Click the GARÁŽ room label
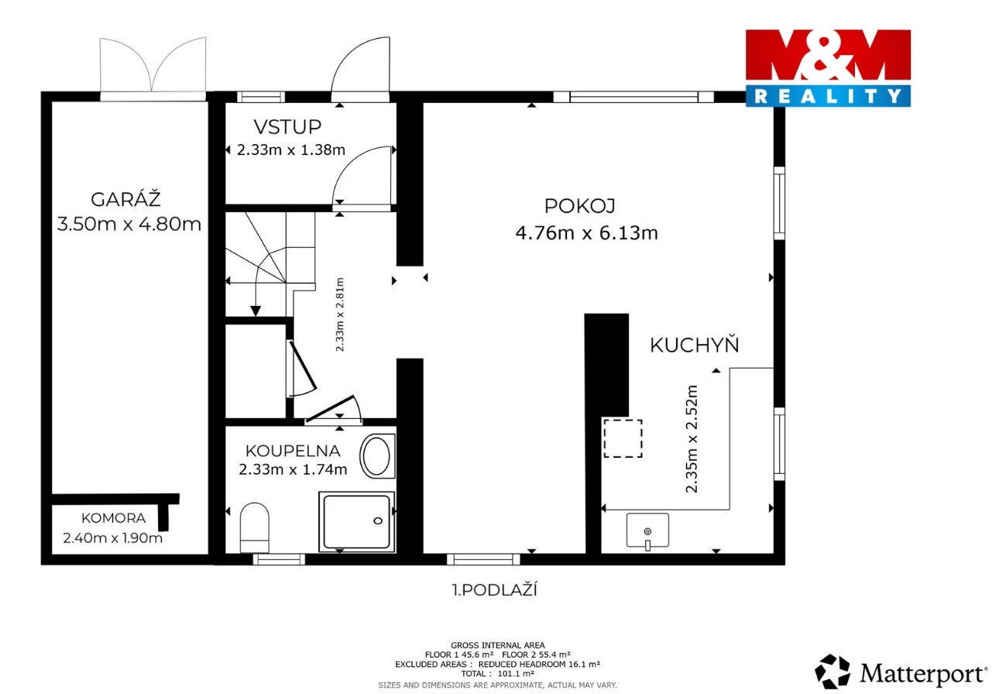125,199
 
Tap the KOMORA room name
113,518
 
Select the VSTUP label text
287,127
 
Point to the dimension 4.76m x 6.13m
586,233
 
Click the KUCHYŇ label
695,345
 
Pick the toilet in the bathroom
255,528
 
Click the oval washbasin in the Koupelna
377,457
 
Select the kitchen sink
647,530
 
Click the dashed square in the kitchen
623,438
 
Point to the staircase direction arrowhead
256,311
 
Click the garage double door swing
153,67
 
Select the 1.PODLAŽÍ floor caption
495,590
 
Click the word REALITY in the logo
828,96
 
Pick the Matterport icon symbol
832,672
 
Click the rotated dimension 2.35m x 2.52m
692,439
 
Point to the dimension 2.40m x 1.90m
113,538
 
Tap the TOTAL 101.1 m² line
498,674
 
